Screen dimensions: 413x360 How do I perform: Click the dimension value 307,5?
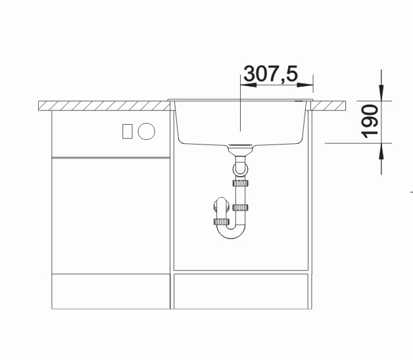coord(271,74)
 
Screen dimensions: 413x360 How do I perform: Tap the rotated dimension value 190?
coord(370,122)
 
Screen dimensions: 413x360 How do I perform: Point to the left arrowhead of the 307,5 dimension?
coord(249,85)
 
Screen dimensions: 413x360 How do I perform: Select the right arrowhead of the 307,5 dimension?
coord(305,85)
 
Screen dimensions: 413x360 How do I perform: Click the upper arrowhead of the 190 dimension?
coord(381,93)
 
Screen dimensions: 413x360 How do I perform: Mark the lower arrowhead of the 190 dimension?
coord(381,152)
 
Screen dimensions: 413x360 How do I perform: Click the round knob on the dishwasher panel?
coord(147,131)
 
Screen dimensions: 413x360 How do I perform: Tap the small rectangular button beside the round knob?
coord(127,131)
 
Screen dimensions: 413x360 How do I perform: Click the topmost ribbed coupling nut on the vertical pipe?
coord(241,183)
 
